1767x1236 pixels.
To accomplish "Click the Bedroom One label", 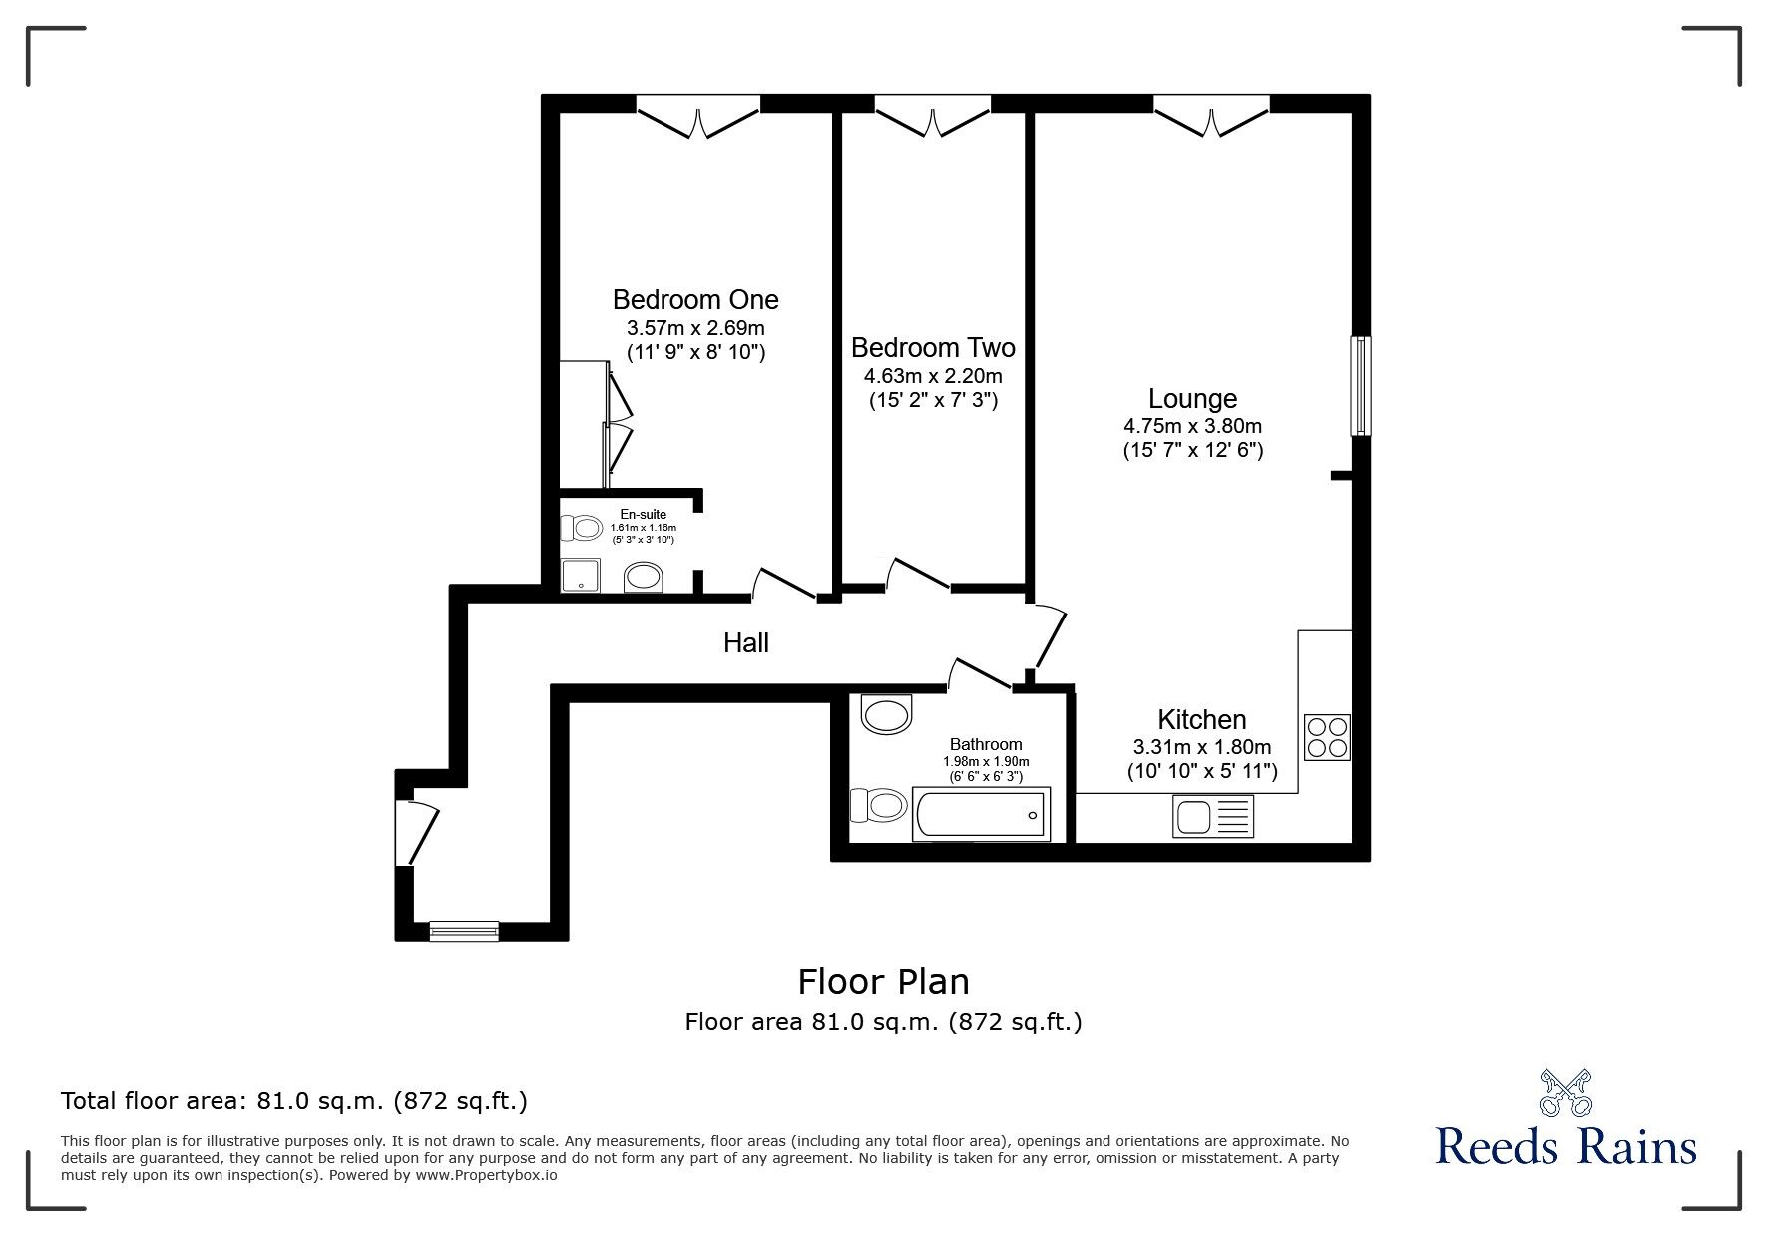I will pyautogui.click(x=695, y=299).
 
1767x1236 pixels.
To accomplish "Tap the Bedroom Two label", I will pyautogui.click(x=933, y=347).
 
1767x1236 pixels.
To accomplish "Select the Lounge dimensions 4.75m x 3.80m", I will pyautogui.click(x=1192, y=425).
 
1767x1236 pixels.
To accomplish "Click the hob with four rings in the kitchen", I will pyautogui.click(x=1327, y=737).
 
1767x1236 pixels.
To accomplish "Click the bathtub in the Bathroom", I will pyautogui.click(x=981, y=815).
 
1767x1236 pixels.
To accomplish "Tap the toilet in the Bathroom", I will pyautogui.click(x=877, y=804).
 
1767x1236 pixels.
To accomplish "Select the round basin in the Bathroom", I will pyautogui.click(x=887, y=714).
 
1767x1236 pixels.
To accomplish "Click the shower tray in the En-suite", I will pyautogui.click(x=581, y=576).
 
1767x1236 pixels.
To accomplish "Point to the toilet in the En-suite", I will pyautogui.click(x=580, y=527).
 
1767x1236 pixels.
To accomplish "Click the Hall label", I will pyautogui.click(x=746, y=643).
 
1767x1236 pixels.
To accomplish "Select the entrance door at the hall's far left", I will pyautogui.click(x=415, y=833).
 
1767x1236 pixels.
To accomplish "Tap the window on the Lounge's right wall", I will pyautogui.click(x=1360, y=386).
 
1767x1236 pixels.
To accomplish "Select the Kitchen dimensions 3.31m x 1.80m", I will pyautogui.click(x=1202, y=747).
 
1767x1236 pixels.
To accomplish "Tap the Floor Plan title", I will pyautogui.click(x=883, y=982).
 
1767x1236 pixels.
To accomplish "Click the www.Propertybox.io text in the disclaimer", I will pyautogui.click(x=486, y=1175).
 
